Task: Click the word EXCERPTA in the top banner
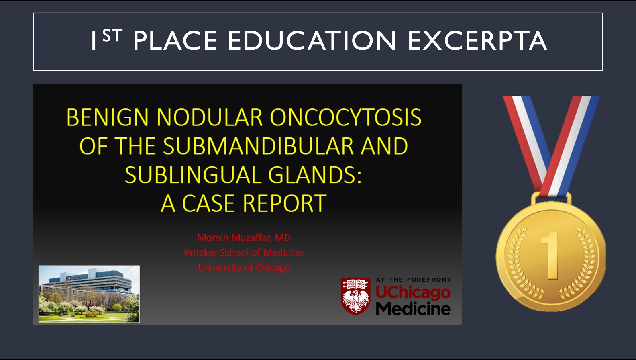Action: pos(478,40)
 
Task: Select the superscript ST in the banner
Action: pos(112,35)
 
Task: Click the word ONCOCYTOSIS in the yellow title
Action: pos(346,117)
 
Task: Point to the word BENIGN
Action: pos(108,117)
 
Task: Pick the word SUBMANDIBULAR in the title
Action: pos(258,146)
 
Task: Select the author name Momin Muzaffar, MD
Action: pos(244,237)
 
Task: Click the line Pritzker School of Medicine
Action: pos(244,253)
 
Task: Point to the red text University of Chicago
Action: pos(244,268)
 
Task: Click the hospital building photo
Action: pos(89,294)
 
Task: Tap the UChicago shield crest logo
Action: pos(356,296)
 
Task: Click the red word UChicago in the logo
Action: pos(414,293)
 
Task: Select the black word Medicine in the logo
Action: pos(414,309)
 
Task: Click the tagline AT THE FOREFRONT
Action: pos(414,280)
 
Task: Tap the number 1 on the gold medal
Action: pos(551,256)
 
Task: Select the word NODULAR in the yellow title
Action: pos(210,117)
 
